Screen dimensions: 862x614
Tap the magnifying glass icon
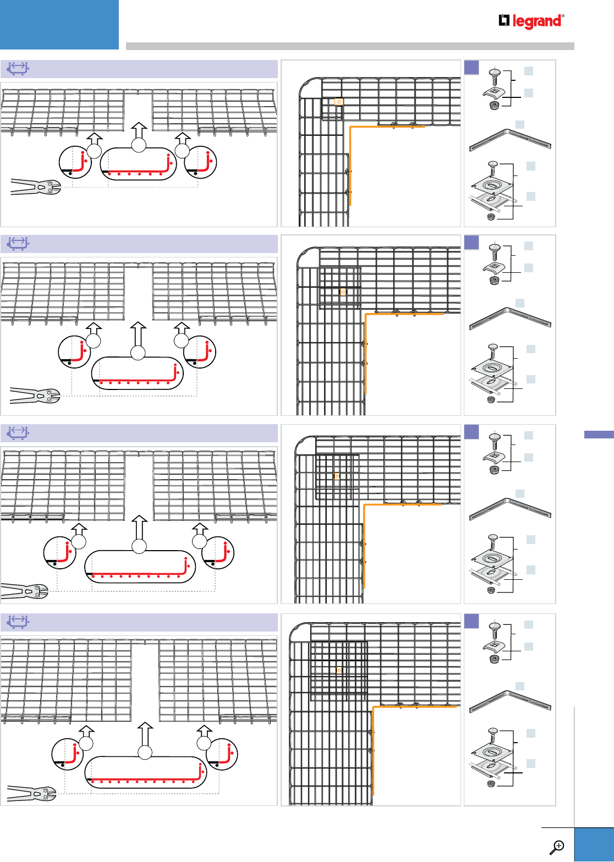(x=557, y=847)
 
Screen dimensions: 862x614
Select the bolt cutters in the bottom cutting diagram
(x=31, y=793)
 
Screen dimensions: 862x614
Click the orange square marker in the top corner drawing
(x=338, y=102)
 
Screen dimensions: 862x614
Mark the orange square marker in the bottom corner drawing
(x=339, y=669)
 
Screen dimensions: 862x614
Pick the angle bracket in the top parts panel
(x=510, y=140)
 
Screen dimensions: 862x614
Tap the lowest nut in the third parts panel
(x=491, y=590)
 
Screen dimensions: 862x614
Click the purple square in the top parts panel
(x=472, y=67)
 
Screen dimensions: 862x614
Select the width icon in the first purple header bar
(x=18, y=69)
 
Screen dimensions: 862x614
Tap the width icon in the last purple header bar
(x=18, y=622)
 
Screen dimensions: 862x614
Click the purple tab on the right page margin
(x=599, y=435)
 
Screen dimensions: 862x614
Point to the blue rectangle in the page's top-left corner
(x=59, y=25)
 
